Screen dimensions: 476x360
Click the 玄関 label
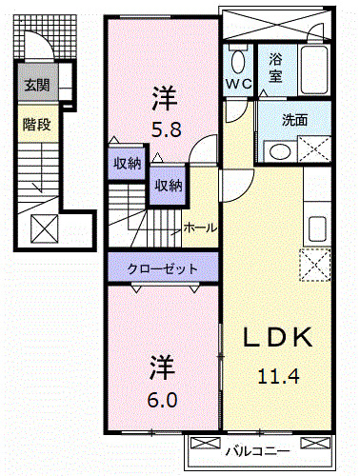point(37,86)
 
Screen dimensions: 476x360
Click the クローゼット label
point(164,269)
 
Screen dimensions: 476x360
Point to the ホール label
point(199,228)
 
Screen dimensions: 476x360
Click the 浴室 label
point(275,67)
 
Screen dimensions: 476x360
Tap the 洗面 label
point(294,120)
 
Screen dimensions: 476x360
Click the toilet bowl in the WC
point(237,62)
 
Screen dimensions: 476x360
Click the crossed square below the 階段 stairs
point(45,228)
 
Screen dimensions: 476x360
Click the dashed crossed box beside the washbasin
point(313,150)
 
